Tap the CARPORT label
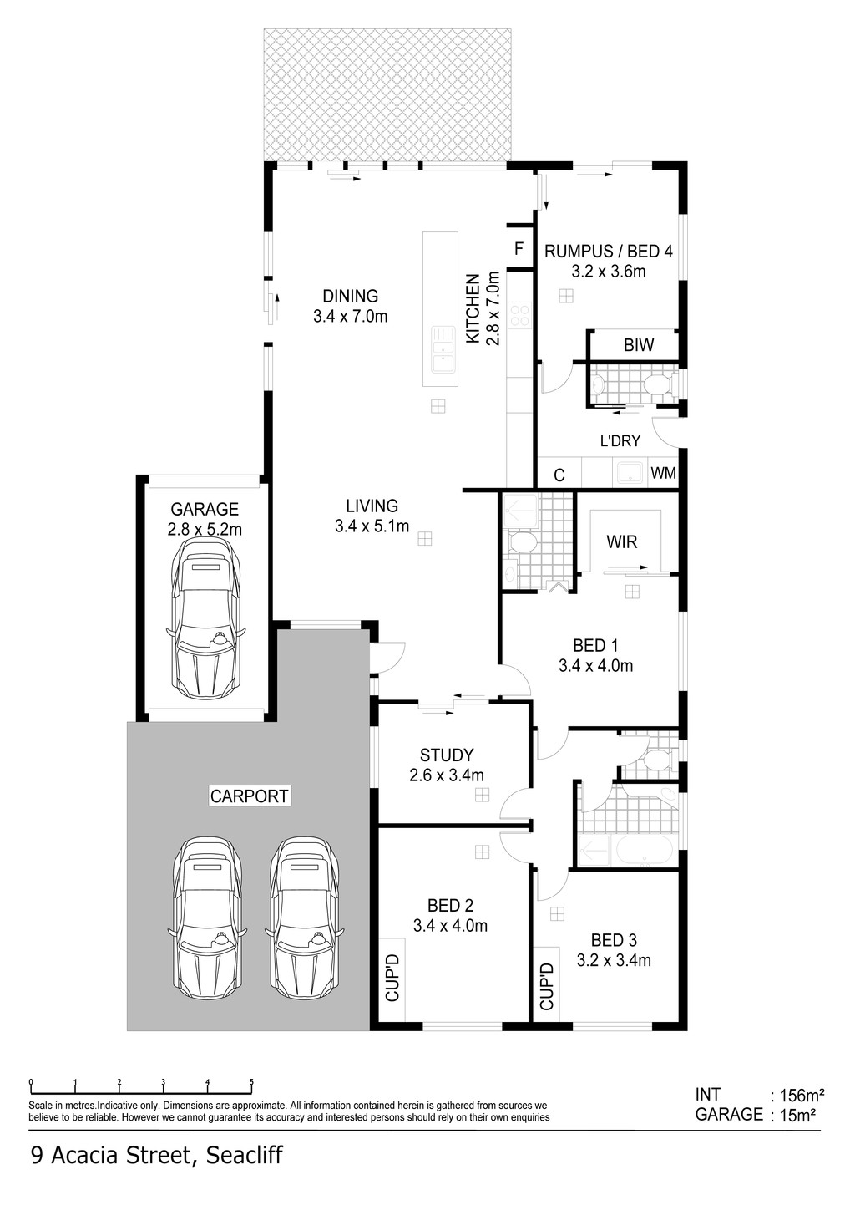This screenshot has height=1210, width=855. (250, 796)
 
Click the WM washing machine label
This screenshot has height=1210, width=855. (664, 473)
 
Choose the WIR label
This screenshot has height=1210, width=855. (622, 541)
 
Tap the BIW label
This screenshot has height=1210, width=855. (639, 344)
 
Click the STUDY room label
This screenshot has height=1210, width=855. (447, 755)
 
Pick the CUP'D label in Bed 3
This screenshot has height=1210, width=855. (546, 986)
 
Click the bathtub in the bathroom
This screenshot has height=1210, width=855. (644, 851)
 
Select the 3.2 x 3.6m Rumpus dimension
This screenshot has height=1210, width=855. (609, 272)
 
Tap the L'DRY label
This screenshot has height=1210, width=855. (620, 440)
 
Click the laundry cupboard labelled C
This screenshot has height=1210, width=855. (559, 475)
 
